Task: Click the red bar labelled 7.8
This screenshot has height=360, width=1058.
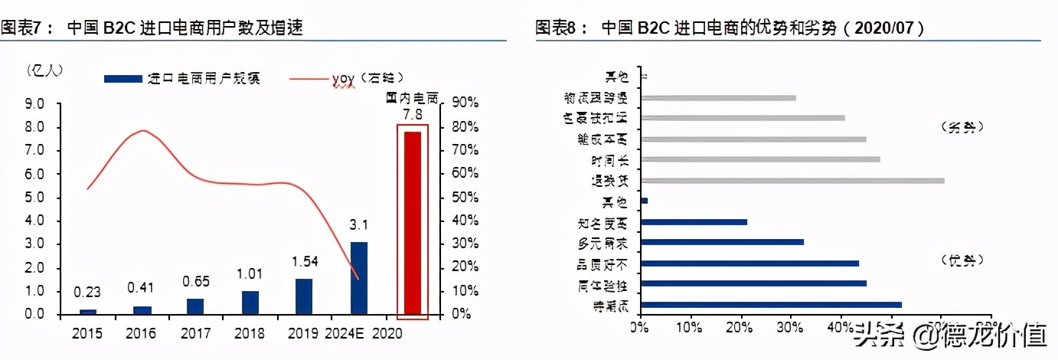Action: pyautogui.click(x=412, y=223)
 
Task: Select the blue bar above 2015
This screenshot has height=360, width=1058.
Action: pyautogui.click(x=88, y=312)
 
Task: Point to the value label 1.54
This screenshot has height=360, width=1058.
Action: pyautogui.click(x=305, y=262)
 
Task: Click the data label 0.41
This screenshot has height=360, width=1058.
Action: pyautogui.click(x=142, y=288)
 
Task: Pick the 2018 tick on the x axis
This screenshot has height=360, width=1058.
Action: pyautogui.click(x=250, y=334)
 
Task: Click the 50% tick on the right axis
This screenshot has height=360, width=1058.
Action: pyautogui.click(x=467, y=197)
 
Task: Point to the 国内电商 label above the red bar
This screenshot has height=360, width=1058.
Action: pyautogui.click(x=412, y=98)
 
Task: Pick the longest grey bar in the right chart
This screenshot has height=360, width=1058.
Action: pyautogui.click(x=792, y=181)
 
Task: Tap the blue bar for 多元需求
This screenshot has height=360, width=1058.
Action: pyautogui.click(x=722, y=242)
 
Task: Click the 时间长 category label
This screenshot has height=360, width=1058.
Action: pyautogui.click(x=610, y=160)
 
